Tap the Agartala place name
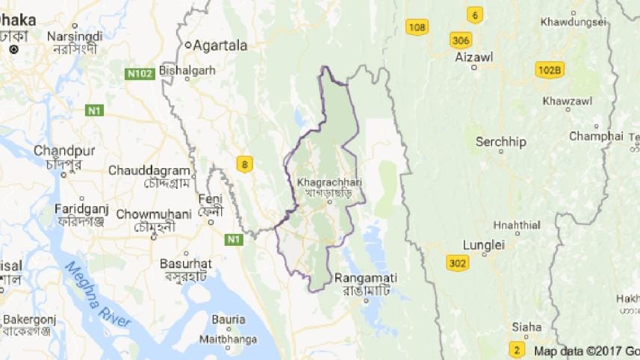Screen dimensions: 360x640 [220, 45]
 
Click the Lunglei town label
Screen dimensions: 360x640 [484, 244]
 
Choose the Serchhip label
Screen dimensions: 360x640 [501, 141]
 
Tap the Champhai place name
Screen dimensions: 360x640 [595, 136]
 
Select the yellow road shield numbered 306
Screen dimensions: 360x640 [460, 40]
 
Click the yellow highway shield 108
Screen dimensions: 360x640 [417, 28]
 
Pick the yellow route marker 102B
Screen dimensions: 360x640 [550, 70]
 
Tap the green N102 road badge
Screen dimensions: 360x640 [140, 74]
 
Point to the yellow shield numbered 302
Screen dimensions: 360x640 [458, 263]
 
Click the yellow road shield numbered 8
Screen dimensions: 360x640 [243, 164]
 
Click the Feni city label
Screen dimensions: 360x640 [211, 199]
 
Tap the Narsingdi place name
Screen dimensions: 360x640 [73, 36]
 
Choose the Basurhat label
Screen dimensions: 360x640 [186, 264]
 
